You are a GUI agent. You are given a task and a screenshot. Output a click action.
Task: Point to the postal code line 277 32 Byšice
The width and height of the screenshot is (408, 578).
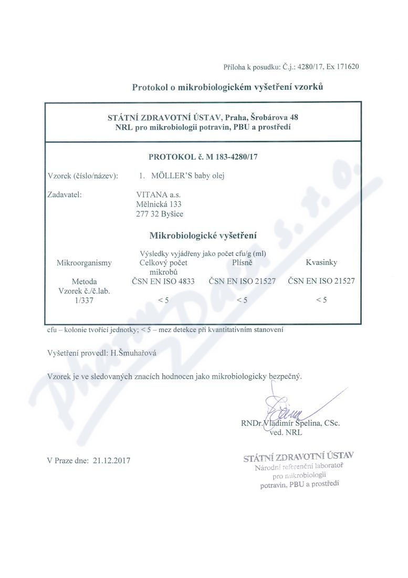point(160,213)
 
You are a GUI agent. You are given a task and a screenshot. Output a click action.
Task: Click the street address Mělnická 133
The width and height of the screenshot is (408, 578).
point(159,204)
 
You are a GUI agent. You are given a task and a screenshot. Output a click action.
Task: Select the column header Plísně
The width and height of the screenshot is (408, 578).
point(242,262)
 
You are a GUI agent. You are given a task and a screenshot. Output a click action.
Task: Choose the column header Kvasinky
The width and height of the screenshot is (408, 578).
point(321,262)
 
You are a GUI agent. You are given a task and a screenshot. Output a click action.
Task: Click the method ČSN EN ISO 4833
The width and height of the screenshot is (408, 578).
point(163,281)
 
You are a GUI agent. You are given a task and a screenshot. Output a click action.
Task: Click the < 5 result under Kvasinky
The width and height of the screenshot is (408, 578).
point(321,300)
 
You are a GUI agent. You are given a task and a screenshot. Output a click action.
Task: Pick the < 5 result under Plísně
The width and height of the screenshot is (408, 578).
point(242,300)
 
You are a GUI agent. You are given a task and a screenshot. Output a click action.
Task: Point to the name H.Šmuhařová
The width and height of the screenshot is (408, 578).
point(133,353)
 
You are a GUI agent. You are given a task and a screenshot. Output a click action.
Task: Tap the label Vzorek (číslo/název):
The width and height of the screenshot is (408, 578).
point(82,176)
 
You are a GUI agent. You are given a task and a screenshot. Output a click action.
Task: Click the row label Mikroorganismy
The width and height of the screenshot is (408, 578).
point(84,262)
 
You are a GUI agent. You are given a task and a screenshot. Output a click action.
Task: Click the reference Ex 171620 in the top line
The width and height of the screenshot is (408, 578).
point(342,67)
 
